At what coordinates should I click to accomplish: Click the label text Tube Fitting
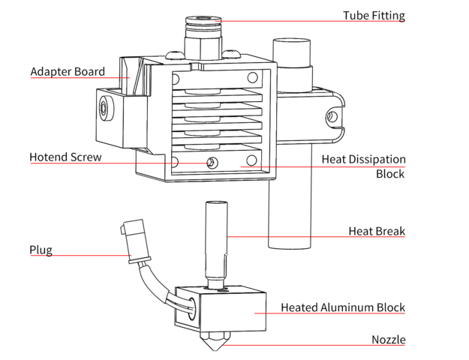[x=374, y=16]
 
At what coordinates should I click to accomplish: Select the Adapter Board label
[x=67, y=72]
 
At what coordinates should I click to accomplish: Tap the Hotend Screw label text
[x=65, y=157]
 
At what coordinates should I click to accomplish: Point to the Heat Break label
[x=377, y=231]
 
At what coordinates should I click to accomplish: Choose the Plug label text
[x=41, y=250]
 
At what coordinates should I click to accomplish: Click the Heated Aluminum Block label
[x=343, y=307]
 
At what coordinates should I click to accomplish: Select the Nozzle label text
[x=388, y=340]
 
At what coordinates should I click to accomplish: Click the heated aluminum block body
[x=233, y=311]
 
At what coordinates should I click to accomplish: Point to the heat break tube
[x=216, y=240]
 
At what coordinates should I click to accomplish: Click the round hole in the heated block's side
[x=188, y=304]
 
